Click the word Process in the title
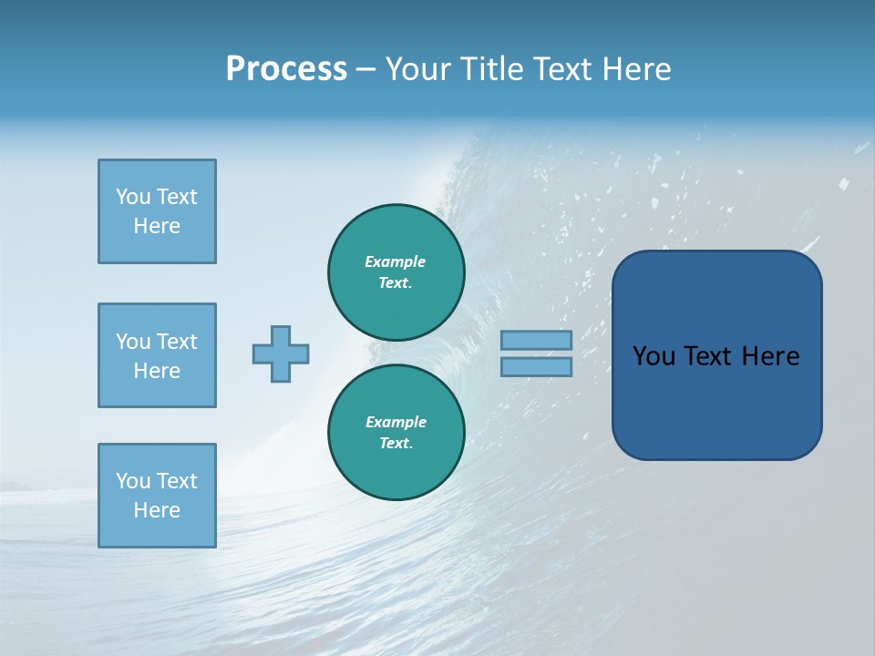tap(286, 68)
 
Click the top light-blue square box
tap(157, 211)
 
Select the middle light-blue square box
tap(157, 355)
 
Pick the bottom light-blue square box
tap(157, 496)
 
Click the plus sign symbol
tap(281, 354)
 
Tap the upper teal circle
tap(396, 272)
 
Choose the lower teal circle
tap(396, 432)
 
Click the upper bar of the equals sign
tap(536, 340)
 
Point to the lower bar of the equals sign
tap(536, 366)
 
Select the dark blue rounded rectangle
tap(716, 355)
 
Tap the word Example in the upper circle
tap(396, 261)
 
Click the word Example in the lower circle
tap(396, 422)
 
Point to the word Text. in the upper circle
tap(396, 282)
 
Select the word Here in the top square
tap(157, 226)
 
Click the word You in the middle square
tap(131, 342)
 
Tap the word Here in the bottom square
tap(157, 510)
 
